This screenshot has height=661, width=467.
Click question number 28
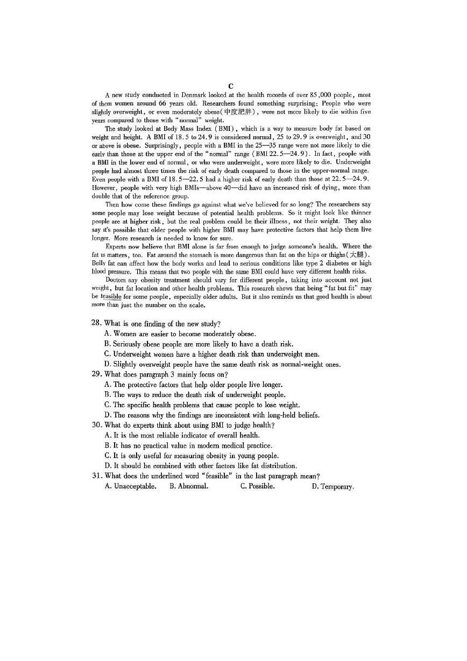click(x=97, y=323)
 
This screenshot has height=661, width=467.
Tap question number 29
click(x=97, y=374)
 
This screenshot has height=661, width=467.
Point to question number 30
click(x=97, y=425)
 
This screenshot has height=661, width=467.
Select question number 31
click(x=97, y=476)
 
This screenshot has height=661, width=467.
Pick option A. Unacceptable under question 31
click(x=131, y=486)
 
